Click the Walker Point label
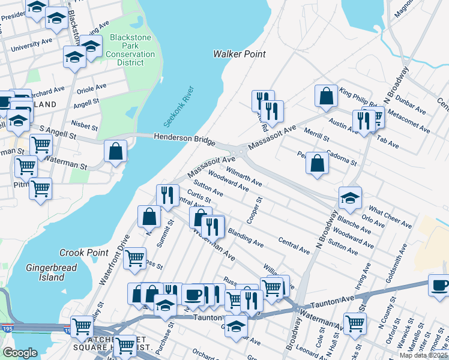240,54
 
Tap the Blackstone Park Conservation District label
131,50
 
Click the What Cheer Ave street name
390,217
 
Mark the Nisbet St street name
84,126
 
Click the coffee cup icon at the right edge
439,284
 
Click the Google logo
20,353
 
